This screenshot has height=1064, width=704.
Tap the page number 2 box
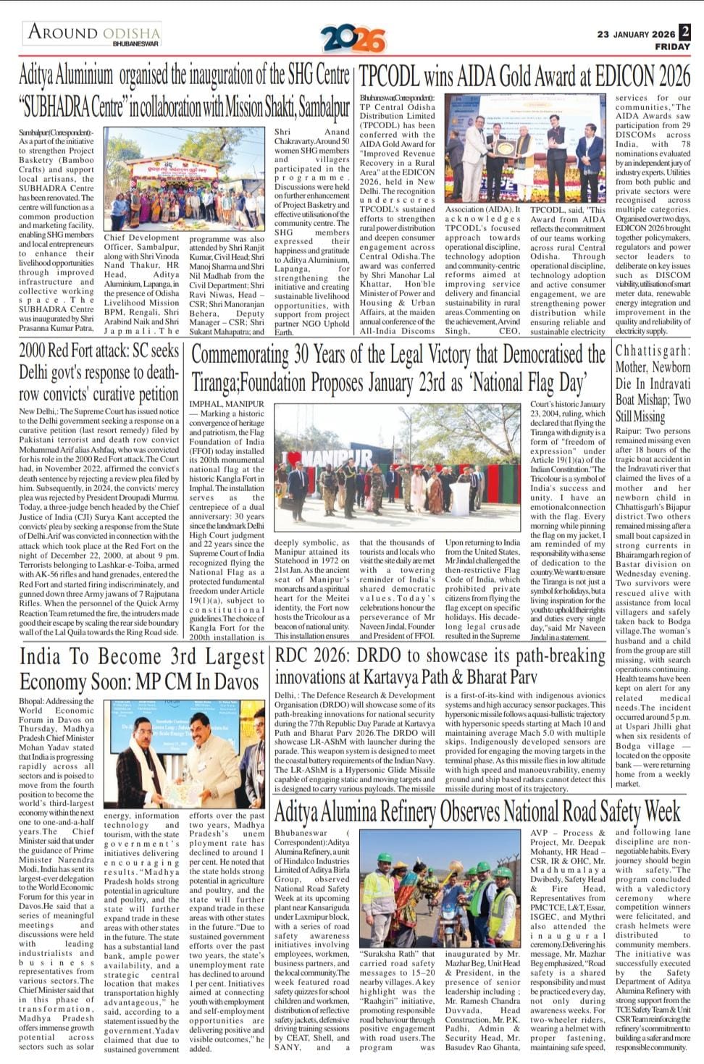point(685,32)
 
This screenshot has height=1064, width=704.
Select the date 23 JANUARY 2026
point(636,34)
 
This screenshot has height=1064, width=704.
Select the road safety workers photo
point(440,889)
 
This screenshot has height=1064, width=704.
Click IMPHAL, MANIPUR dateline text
point(227,403)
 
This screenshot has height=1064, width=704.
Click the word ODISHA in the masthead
point(131,33)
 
